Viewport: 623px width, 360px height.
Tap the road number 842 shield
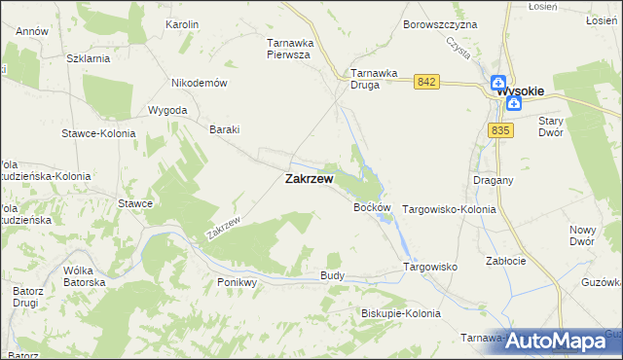(424, 82)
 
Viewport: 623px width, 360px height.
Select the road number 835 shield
(501, 130)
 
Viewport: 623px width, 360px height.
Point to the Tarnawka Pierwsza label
(288, 49)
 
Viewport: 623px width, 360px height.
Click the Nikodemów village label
(199, 83)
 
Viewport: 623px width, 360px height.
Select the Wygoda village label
(167, 110)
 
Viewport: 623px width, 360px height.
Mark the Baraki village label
(225, 129)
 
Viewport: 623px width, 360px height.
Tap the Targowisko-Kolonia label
(449, 209)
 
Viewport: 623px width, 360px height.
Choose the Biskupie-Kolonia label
(400, 313)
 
